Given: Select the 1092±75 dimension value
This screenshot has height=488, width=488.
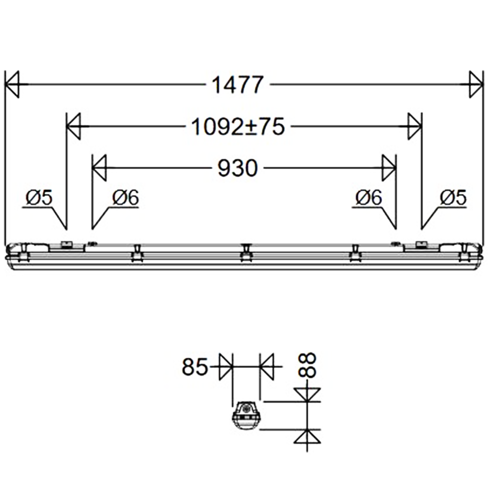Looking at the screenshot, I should tap(238, 127).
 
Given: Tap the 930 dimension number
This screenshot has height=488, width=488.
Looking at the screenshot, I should tap(238, 168).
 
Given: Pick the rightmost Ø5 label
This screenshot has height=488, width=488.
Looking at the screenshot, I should tap(453, 198).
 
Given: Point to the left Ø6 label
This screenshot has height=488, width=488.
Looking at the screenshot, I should tap(126, 198).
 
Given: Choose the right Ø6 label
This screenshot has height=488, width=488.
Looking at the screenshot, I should tap(369, 198).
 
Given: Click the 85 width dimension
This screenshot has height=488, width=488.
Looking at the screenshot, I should tap(195, 367).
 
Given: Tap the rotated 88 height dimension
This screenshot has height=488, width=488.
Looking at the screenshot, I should tap(308, 365).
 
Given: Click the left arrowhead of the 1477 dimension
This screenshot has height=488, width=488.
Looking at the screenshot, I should tap(12, 85).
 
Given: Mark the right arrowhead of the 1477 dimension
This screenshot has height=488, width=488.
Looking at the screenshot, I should tap(475, 85).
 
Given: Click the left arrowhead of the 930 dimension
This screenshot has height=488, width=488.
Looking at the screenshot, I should tap(99, 168).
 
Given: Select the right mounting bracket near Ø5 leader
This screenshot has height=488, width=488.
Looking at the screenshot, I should tap(422, 245).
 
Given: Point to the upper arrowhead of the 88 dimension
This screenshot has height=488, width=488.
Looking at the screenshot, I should tap(307, 394).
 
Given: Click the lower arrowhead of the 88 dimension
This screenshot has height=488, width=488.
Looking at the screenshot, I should tap(307, 437).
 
